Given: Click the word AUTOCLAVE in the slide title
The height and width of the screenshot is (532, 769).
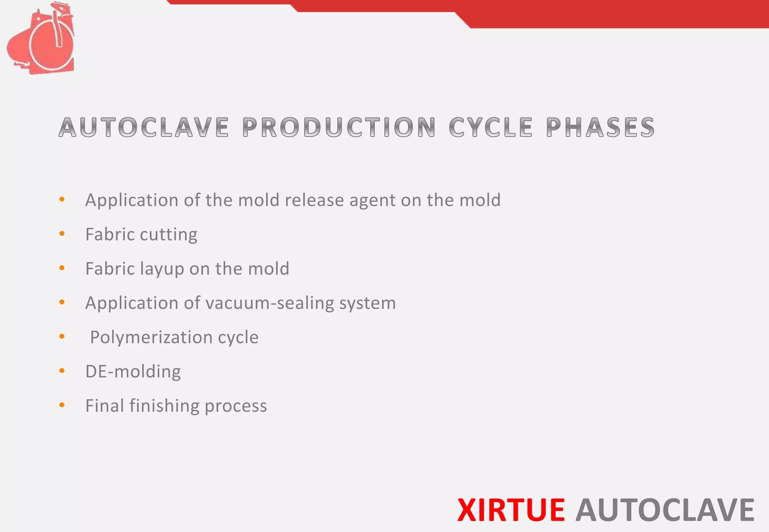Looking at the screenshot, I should click(144, 128).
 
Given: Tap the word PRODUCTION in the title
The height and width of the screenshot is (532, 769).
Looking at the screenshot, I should click(339, 128).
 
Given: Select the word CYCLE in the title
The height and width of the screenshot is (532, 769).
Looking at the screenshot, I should click(490, 128).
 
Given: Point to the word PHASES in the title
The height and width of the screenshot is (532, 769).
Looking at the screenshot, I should click(600, 128).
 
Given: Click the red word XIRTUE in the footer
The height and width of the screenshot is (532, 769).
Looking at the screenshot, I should click(511, 510).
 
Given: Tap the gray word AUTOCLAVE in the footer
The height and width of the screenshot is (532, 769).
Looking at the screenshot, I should click(665, 510).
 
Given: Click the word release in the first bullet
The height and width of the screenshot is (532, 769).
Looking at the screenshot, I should click(314, 200).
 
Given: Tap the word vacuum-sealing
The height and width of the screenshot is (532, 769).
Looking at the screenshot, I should click(270, 303).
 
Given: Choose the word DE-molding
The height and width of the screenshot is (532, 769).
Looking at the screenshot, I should click(133, 371).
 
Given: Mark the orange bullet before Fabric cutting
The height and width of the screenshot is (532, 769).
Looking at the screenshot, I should click(62, 234).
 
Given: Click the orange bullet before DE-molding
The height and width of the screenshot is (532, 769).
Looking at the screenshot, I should click(62, 371).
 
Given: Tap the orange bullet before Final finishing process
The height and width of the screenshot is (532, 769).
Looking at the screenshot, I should click(62, 405).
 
